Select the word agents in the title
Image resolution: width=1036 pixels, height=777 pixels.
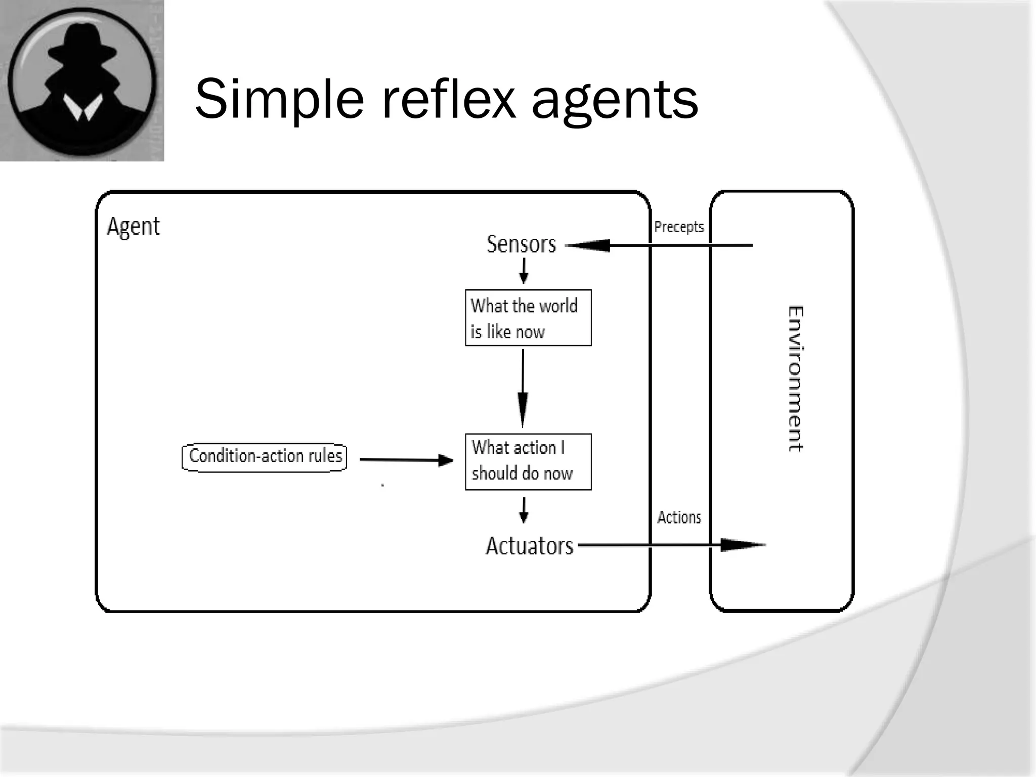tap(615, 101)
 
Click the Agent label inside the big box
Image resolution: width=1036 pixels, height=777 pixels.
tap(133, 226)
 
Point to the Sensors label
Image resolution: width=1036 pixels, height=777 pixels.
tap(521, 244)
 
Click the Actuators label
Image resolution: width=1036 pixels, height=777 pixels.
tap(529, 546)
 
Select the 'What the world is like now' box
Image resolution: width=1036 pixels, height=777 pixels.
tap(528, 318)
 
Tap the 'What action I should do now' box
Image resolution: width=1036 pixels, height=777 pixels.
tap(528, 461)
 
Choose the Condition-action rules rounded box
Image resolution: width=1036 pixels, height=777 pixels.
tap(265, 457)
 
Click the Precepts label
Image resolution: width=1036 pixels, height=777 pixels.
tap(679, 227)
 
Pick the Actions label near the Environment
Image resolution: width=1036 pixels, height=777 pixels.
tap(679, 517)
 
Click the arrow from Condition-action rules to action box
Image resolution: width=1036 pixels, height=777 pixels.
tap(406, 460)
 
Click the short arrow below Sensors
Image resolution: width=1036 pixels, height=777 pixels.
tap(524, 271)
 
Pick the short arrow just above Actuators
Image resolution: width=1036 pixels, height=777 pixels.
tap(524, 510)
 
